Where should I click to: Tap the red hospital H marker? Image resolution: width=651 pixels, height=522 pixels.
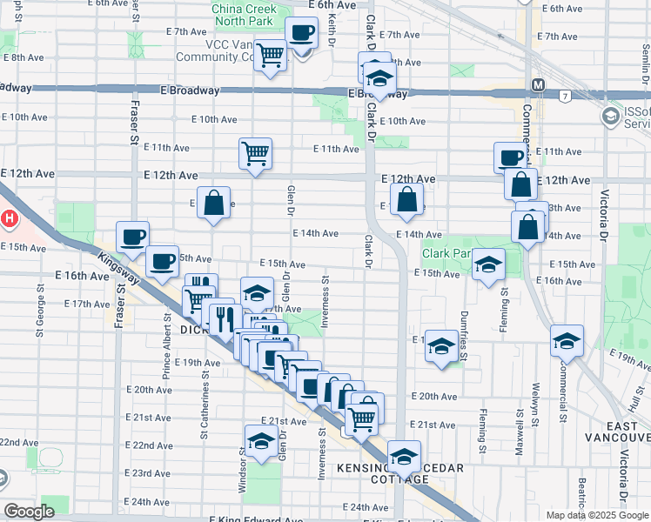(x=9, y=218)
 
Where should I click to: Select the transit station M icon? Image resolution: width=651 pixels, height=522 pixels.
(x=538, y=85)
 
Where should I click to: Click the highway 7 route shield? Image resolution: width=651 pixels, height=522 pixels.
(x=566, y=95)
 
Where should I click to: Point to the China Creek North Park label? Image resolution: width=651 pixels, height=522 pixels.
(x=244, y=16)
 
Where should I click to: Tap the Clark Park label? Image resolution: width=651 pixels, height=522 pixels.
(x=446, y=254)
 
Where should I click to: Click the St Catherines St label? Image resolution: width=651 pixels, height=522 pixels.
(x=206, y=399)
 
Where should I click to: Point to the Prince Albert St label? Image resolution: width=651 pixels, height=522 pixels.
(x=167, y=328)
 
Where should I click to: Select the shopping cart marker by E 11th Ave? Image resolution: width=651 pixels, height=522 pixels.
(x=256, y=154)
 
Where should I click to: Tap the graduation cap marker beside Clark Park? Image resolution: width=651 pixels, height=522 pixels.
(x=489, y=264)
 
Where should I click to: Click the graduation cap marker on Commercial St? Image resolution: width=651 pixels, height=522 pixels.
(x=567, y=340)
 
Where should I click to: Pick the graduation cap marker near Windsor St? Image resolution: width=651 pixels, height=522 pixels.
(x=261, y=440)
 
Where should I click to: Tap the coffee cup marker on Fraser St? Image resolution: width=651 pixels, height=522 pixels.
(x=133, y=237)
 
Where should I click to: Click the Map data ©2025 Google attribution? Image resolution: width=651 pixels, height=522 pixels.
(x=596, y=515)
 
